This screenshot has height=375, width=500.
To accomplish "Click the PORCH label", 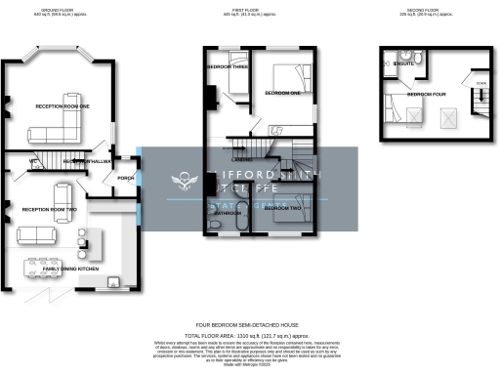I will pos(125,178).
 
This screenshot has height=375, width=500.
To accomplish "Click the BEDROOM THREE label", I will pos(226,66).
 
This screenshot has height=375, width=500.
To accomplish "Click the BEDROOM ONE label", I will pos(283,93).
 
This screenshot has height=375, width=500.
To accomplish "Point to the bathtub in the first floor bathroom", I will pos(226,225).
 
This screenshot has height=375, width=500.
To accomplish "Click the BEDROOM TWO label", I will pos(282,209).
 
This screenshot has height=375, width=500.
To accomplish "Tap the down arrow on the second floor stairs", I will pos(480,85).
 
